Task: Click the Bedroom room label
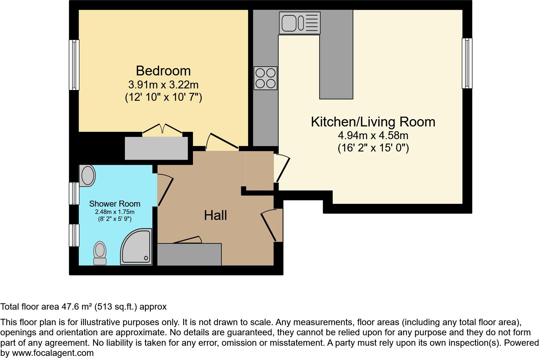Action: pyautogui.click(x=163, y=71)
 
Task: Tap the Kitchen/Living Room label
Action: pyautogui.click(x=373, y=122)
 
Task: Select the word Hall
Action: pyautogui.click(x=215, y=215)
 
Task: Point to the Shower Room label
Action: pyautogui.click(x=114, y=204)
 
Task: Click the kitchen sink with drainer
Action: pyautogui.click(x=299, y=23)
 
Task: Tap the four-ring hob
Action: pyautogui.click(x=266, y=78)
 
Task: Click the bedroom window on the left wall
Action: pyautogui.click(x=74, y=65)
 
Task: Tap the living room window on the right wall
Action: pyautogui.click(x=467, y=63)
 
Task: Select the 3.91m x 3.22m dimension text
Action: pyautogui.click(x=163, y=85)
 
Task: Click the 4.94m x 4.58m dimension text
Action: pyautogui.click(x=373, y=136)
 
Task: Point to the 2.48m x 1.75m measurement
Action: pyautogui.click(x=114, y=212)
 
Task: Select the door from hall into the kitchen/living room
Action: pyautogui.click(x=282, y=168)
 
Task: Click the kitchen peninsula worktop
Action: pyautogui.click(x=336, y=63)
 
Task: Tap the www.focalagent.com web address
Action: pyautogui.click(x=53, y=353)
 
